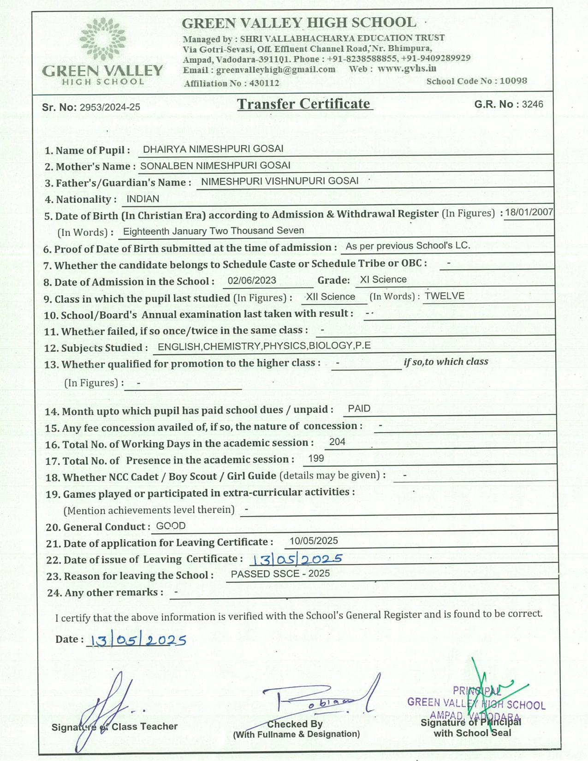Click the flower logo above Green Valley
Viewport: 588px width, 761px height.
(x=102, y=40)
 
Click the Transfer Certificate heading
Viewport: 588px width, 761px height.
(x=304, y=104)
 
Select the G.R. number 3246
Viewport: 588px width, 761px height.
(x=532, y=104)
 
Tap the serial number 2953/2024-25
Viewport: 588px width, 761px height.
(x=110, y=107)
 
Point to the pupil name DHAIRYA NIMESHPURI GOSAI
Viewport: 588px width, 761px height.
(x=213, y=149)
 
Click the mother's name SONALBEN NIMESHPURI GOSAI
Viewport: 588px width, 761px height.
(x=215, y=166)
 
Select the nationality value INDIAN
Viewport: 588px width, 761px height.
(x=143, y=199)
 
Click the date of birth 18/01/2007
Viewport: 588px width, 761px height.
(x=529, y=212)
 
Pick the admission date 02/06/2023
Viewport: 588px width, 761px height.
(x=252, y=280)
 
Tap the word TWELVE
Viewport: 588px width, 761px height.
(x=444, y=296)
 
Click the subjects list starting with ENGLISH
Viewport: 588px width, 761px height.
(x=264, y=346)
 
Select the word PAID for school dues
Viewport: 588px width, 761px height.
(x=359, y=409)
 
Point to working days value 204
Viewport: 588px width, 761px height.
(x=337, y=442)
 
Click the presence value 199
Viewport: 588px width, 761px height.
(x=316, y=458)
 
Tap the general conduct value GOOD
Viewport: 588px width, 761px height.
(x=171, y=526)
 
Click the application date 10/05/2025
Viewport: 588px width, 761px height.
(x=314, y=541)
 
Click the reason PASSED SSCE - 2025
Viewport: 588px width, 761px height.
(x=280, y=574)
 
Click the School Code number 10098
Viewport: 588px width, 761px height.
(x=513, y=81)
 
